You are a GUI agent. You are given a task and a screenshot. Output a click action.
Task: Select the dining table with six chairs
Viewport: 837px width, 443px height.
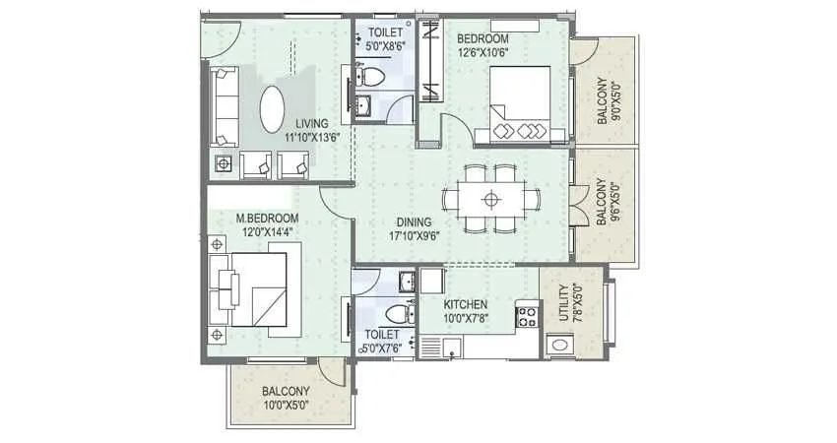pyautogui.click(x=490, y=199)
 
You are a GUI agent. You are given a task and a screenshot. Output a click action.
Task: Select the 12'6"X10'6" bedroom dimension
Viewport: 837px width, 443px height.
pyautogui.click(x=483, y=54)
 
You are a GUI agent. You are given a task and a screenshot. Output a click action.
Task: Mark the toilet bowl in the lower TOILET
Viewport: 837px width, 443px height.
pyautogui.click(x=396, y=313)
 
